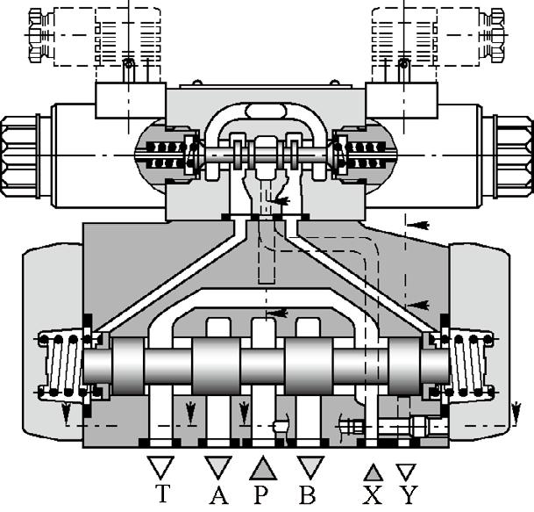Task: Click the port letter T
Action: (x=160, y=494)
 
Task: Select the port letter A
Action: (x=218, y=494)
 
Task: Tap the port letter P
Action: (x=261, y=494)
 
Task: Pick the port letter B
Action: (x=307, y=494)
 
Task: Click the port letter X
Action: (x=374, y=495)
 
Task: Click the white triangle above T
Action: (x=160, y=466)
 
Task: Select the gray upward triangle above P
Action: (x=262, y=467)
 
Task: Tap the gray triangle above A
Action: (x=217, y=466)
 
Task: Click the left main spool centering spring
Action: (x=61, y=364)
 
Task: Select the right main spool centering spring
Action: (x=468, y=364)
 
